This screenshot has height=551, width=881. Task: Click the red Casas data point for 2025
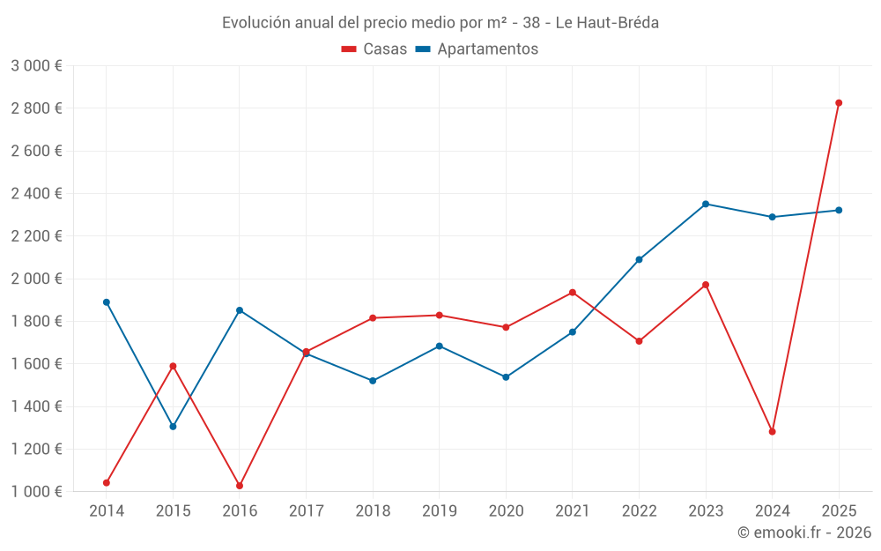(x=839, y=103)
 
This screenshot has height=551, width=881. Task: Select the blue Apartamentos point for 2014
(x=107, y=302)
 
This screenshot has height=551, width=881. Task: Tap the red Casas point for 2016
(x=240, y=486)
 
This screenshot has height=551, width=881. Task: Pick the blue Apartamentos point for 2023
(x=706, y=204)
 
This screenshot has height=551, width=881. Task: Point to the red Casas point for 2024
(x=772, y=432)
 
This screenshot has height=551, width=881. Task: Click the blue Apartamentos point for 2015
(x=173, y=427)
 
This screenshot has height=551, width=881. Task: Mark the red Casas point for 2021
(x=573, y=293)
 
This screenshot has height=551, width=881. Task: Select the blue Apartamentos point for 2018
(x=373, y=381)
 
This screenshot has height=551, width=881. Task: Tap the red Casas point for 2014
(x=107, y=483)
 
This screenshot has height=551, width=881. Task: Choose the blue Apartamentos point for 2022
(x=639, y=260)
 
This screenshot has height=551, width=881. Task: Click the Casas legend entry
(x=374, y=49)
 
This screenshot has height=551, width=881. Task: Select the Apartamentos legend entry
(x=477, y=49)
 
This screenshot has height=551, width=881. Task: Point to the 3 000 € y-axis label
(x=36, y=66)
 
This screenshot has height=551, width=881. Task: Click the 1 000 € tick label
(x=36, y=492)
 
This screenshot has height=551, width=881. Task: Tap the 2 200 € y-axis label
(x=36, y=236)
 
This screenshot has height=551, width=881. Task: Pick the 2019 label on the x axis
(x=440, y=511)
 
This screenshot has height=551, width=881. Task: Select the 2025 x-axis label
(x=839, y=511)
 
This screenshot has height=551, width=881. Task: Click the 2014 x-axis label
(x=107, y=511)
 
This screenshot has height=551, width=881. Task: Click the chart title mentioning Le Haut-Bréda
(x=440, y=23)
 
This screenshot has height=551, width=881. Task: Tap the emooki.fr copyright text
(x=804, y=532)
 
